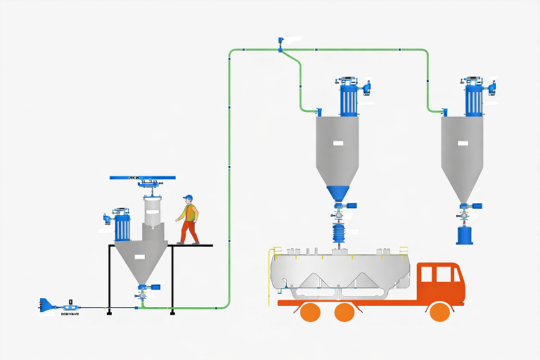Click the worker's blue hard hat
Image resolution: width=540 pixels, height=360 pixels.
188,198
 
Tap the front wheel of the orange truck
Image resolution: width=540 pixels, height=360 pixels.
439,311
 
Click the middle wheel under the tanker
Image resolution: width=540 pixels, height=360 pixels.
345,312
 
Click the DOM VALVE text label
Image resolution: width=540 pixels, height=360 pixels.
70,315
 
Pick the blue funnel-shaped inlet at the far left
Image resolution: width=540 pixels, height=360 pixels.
46,305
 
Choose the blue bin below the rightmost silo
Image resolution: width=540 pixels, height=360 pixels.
465,234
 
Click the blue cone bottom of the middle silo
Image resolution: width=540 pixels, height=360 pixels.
339,193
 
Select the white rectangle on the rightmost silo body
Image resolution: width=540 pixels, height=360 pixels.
463,143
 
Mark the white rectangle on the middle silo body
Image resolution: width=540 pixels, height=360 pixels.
338,143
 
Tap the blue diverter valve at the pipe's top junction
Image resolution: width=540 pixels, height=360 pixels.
280,49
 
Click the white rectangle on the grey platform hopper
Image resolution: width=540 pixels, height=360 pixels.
139,255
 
